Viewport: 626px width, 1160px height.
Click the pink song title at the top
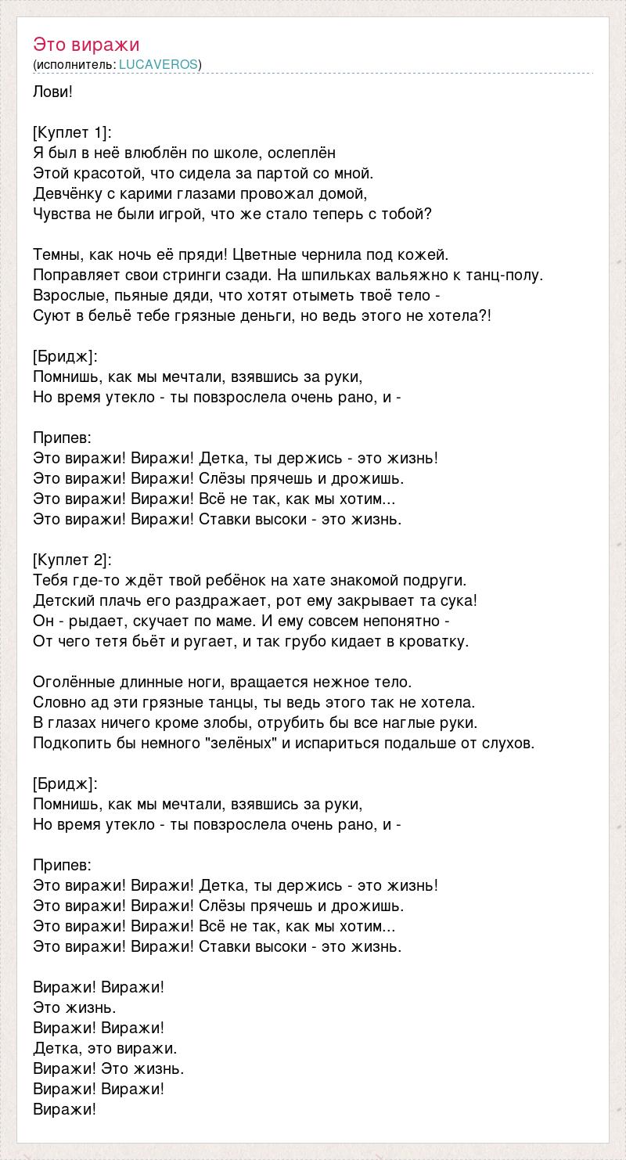click(86, 45)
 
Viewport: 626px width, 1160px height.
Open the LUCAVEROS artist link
click(158, 64)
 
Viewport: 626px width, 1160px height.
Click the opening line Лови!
click(53, 92)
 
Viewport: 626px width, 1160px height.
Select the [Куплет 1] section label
click(73, 132)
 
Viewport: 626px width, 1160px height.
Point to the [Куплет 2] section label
click(73, 560)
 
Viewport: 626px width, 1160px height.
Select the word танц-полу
click(504, 275)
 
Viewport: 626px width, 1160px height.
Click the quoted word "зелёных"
click(242, 743)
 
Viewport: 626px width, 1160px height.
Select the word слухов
click(510, 743)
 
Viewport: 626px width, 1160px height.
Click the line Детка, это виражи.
click(105, 1048)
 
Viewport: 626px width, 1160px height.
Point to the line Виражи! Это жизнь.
click(109, 1068)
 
